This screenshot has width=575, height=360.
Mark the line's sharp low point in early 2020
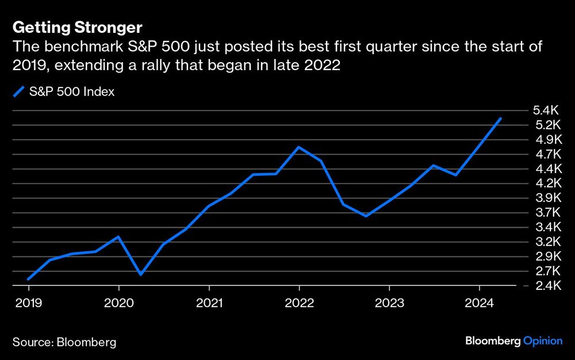141,274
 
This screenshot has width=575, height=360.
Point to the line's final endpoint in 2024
501,118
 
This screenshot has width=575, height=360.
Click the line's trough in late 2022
366,216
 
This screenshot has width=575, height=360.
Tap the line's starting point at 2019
28,279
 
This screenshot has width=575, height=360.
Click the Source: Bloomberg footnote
64,342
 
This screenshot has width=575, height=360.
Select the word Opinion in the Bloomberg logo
543,341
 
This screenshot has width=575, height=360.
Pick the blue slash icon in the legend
19,92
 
